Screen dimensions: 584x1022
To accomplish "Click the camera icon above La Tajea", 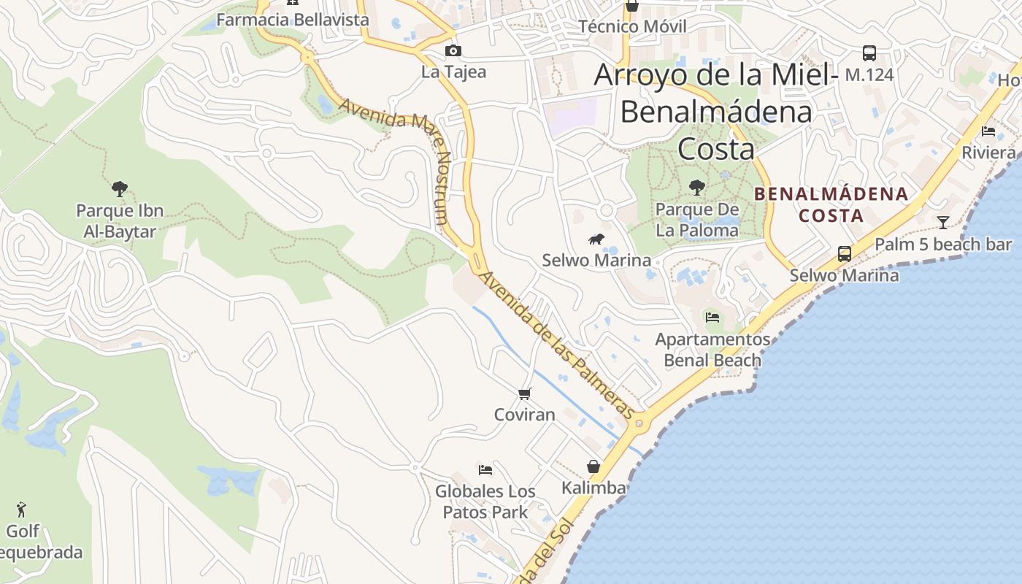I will click(x=453, y=50).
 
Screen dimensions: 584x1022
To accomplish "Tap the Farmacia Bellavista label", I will click(x=293, y=20).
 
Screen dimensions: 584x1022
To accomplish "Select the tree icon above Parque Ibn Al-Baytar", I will click(x=120, y=189).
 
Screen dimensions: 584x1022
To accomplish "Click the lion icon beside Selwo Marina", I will click(x=596, y=239).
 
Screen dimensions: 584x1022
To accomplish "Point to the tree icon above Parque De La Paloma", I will click(x=697, y=187).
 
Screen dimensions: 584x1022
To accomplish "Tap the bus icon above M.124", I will click(x=869, y=53).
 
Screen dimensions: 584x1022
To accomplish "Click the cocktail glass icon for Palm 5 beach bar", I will click(x=943, y=223).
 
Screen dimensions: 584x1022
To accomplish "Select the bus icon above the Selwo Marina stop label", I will click(x=845, y=254).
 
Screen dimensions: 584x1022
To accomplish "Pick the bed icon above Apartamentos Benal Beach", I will click(x=712, y=318).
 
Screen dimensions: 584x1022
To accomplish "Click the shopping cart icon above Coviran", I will click(x=524, y=394).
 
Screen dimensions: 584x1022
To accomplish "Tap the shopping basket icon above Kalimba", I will click(x=593, y=466).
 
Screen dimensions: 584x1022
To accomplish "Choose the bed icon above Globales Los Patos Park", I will click(x=485, y=469).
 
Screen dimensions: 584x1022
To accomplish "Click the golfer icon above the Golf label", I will click(x=22, y=509).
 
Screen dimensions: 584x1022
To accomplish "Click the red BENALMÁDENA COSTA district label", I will click(x=831, y=205).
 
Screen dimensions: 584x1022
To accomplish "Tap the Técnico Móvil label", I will click(x=632, y=27).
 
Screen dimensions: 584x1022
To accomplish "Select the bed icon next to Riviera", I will click(x=988, y=131).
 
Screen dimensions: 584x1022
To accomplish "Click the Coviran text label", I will click(x=524, y=415).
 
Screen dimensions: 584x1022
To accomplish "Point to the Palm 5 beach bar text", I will click(x=943, y=245).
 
